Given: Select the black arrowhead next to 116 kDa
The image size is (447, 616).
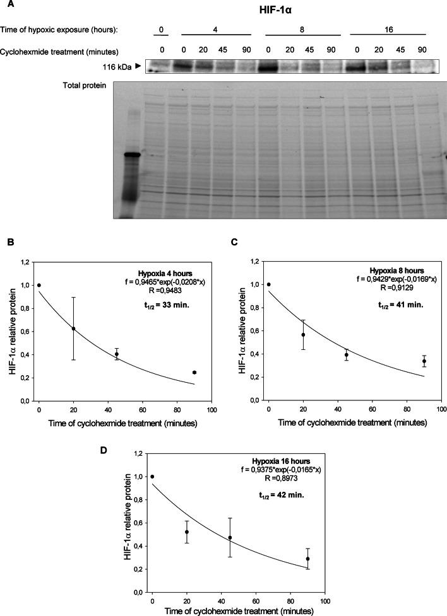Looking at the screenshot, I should click(139, 65).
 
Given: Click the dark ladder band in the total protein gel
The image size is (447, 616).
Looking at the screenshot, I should click(132, 154).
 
